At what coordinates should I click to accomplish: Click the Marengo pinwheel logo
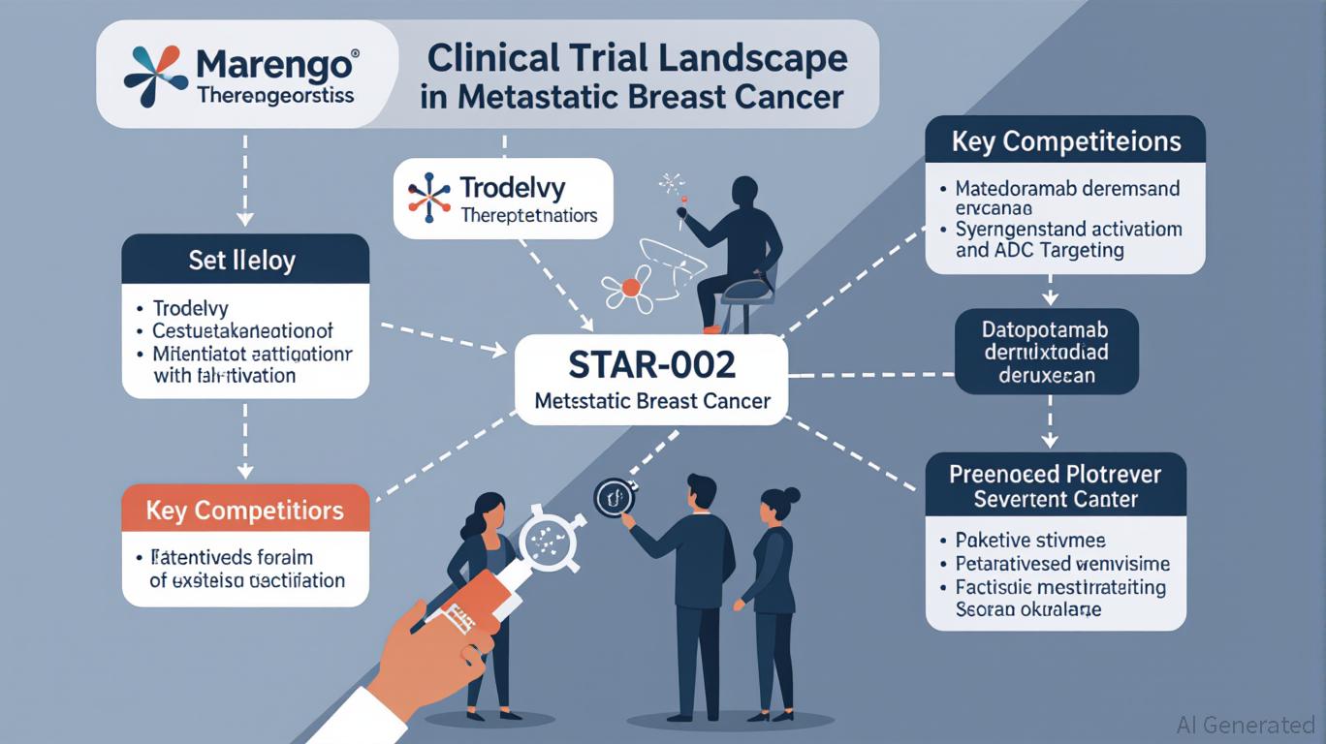point(156,76)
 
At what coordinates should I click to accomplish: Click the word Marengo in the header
point(275,66)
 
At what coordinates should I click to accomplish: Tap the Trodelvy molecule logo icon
point(429,198)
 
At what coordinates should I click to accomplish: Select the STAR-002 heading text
point(651,365)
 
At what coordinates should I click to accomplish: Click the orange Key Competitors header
point(244,510)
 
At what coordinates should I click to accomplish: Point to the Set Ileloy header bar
point(244,260)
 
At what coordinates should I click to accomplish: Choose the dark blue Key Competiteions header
point(1065,141)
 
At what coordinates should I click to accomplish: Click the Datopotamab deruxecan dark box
point(1046,350)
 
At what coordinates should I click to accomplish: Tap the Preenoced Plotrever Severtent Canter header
point(1056,487)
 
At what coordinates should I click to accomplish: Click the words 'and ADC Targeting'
point(1039,250)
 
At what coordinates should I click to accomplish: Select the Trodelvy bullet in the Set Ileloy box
point(190,309)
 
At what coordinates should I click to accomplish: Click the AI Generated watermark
point(1245,725)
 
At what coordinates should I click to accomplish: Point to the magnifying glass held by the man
point(614,498)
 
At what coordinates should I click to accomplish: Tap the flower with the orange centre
point(630,286)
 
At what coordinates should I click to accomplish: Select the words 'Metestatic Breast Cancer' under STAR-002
point(651,400)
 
